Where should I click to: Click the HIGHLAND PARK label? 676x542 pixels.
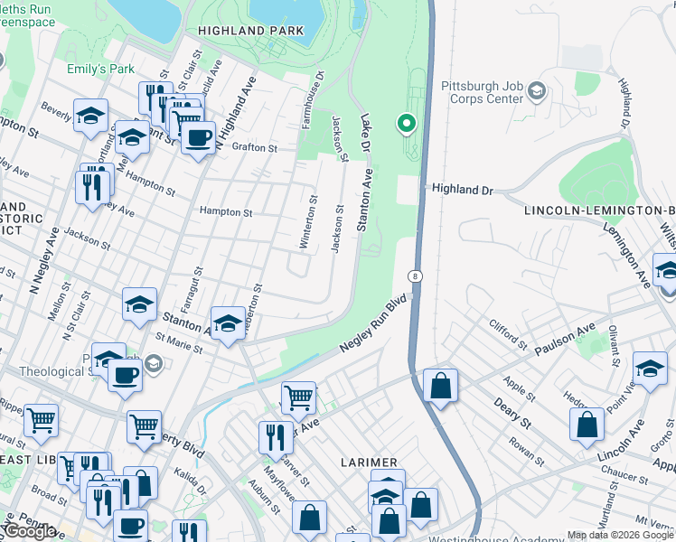coord(252,31)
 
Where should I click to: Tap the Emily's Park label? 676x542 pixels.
coord(99,69)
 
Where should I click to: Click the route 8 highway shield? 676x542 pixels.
coord(414,276)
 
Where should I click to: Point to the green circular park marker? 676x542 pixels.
coord(406,123)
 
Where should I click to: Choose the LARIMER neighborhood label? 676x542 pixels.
coord(369,462)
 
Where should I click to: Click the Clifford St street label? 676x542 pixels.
coord(507,334)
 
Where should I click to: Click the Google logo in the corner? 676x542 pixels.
coord(30,530)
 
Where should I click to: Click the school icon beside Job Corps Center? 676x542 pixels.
coord(537,90)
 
